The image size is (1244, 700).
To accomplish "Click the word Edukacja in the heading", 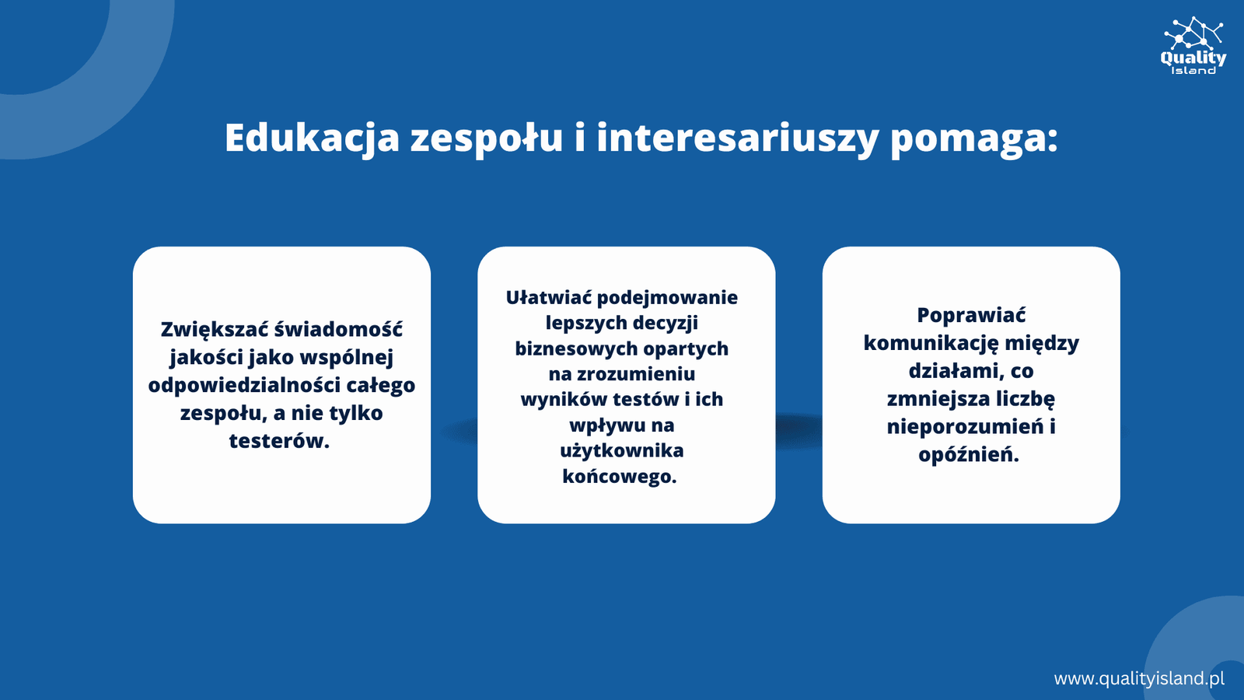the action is click(312, 138).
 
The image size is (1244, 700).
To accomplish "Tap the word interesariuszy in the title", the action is click(738, 138).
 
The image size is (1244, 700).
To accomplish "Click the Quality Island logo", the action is click(1193, 46).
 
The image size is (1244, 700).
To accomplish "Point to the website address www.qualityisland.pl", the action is click(1139, 678).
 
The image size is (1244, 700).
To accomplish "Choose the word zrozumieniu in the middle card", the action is click(636, 374).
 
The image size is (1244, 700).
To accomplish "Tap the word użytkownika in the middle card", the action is click(621, 450).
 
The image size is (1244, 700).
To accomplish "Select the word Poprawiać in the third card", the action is click(971, 316).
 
